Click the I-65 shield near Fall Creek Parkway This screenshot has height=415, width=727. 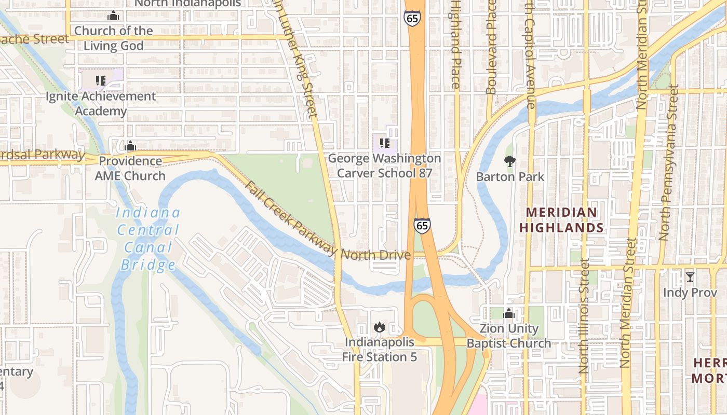tap(422, 226)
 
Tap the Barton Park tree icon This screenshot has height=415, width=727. tap(510, 161)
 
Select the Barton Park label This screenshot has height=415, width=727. tap(510, 177)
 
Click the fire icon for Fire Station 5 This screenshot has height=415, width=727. tap(380, 327)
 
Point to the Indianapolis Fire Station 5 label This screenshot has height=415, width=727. tap(380, 350)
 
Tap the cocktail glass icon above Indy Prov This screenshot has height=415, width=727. tap(690, 276)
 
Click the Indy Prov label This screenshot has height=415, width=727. tap(690, 293)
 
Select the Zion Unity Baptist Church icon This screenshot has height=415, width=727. tap(509, 313)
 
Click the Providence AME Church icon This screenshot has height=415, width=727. tap(130, 146)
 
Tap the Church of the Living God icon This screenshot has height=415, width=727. tap(113, 16)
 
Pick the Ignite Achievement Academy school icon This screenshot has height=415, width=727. tap(101, 81)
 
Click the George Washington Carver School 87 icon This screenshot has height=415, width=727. tap(384, 143)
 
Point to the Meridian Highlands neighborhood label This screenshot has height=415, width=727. tap(561, 220)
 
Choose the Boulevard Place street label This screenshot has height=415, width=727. tap(491, 47)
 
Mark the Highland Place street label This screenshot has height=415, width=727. tap(455, 44)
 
